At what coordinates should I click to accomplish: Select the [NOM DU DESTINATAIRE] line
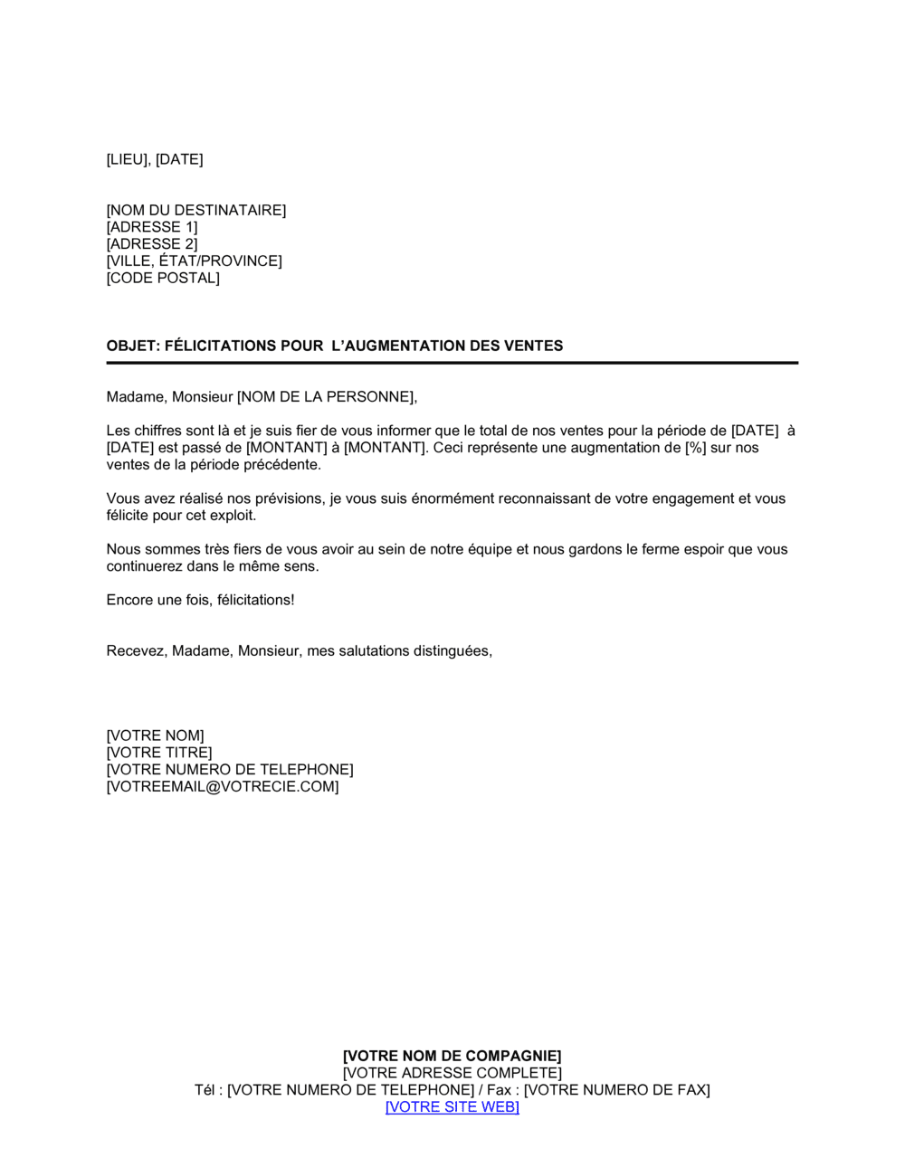(x=196, y=210)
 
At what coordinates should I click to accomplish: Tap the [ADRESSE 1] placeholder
(x=152, y=227)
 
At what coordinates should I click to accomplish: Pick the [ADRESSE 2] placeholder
(x=152, y=244)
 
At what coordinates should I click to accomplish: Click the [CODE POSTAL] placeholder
(x=163, y=278)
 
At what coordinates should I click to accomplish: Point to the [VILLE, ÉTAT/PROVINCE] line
(x=195, y=261)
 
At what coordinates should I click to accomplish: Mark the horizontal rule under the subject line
(x=452, y=363)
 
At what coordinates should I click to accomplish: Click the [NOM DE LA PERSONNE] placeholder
(x=326, y=396)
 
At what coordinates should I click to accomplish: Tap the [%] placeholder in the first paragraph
(x=695, y=448)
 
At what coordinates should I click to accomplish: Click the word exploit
(x=233, y=516)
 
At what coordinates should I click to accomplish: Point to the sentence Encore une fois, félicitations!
(x=200, y=600)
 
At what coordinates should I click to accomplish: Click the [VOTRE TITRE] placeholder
(x=159, y=753)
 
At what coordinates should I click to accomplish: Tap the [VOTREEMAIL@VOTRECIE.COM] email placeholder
(x=223, y=787)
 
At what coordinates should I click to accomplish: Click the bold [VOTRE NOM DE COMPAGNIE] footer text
(x=452, y=1056)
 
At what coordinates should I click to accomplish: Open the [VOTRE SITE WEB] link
(x=452, y=1107)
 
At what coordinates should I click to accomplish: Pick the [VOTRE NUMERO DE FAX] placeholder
(x=617, y=1090)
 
